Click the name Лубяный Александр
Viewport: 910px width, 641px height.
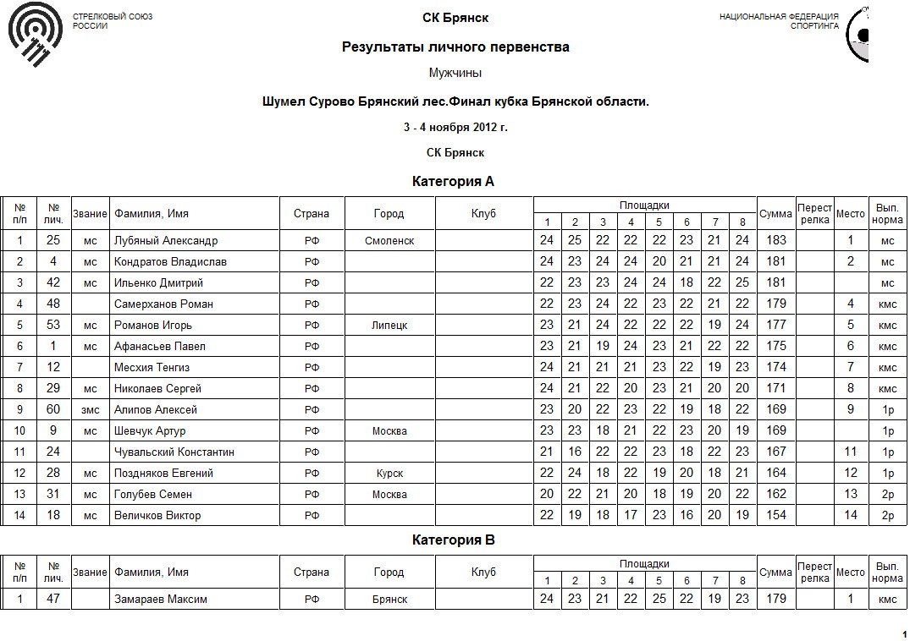pyautogui.click(x=166, y=241)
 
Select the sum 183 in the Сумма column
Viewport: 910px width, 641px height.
pyautogui.click(x=775, y=241)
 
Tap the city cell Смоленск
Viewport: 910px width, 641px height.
pyautogui.click(x=389, y=241)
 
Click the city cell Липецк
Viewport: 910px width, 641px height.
pyautogui.click(x=389, y=326)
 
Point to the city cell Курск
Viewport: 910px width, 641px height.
pyautogui.click(x=389, y=474)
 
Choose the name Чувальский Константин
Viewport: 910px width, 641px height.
pyautogui.click(x=174, y=452)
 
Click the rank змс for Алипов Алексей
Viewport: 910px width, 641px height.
pyautogui.click(x=91, y=410)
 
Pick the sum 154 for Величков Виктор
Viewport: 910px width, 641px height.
pyautogui.click(x=775, y=516)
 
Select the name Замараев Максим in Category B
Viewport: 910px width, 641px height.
pyautogui.click(x=161, y=600)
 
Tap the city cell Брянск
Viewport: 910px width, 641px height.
pyautogui.click(x=389, y=600)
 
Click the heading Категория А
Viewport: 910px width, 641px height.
pyautogui.click(x=453, y=182)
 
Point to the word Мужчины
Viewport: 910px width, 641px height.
pyautogui.click(x=455, y=74)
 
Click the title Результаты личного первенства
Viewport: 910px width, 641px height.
pyautogui.click(x=455, y=47)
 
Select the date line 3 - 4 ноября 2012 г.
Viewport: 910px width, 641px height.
pyautogui.click(x=455, y=128)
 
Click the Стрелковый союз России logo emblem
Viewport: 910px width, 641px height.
pyautogui.click(x=35, y=37)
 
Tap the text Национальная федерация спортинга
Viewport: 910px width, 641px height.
pyautogui.click(x=779, y=21)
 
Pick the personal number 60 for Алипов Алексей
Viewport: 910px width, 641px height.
pyautogui.click(x=53, y=410)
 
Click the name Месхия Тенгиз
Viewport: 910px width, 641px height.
pyautogui.click(x=152, y=368)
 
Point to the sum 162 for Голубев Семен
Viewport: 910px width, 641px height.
pyautogui.click(x=775, y=495)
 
